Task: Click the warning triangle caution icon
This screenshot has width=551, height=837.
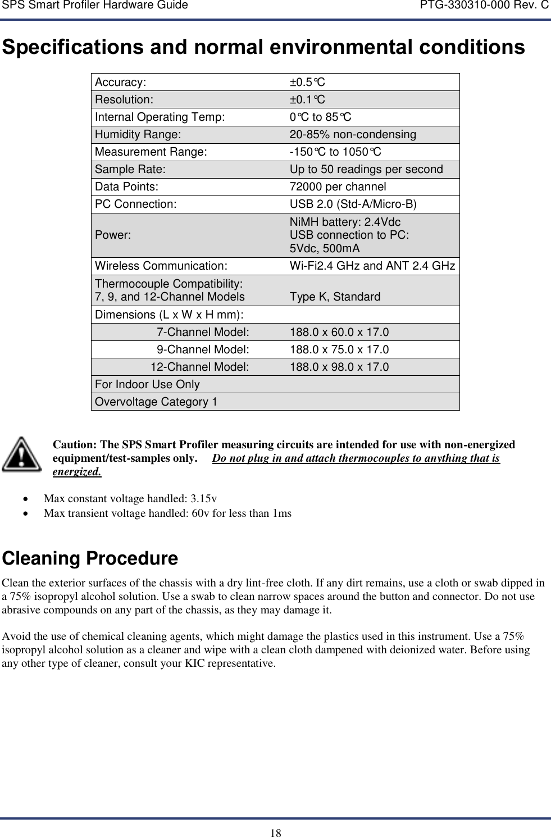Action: coord(21,454)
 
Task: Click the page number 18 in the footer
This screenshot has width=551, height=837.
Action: coord(275,833)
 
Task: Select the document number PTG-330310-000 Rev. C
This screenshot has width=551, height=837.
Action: coord(484,6)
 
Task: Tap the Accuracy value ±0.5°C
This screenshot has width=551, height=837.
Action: coord(307,83)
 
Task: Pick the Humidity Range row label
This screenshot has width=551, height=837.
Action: coord(138,135)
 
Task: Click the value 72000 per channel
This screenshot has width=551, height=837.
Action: coord(338,187)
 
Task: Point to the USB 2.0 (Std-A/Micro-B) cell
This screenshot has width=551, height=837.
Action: coord(353,204)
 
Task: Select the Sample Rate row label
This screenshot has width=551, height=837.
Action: coord(130,170)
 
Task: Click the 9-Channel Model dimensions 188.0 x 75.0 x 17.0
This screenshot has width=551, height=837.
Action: coord(339,350)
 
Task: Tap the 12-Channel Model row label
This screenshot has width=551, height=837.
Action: coord(199,367)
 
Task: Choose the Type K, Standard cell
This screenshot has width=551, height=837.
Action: coord(335,297)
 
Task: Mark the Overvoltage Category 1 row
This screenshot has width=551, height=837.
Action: coord(156,402)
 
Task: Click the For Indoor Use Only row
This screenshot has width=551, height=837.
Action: coord(147,385)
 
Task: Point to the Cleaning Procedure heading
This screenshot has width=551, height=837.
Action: coord(90,558)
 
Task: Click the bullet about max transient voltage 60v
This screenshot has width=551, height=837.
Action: coord(167,513)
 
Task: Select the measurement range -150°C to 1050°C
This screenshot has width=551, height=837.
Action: coord(335,152)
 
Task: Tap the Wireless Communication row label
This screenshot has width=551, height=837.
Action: coord(161,266)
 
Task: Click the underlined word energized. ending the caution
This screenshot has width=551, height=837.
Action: coord(77,472)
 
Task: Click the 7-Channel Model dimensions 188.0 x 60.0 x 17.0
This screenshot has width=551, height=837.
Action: coord(339,333)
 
